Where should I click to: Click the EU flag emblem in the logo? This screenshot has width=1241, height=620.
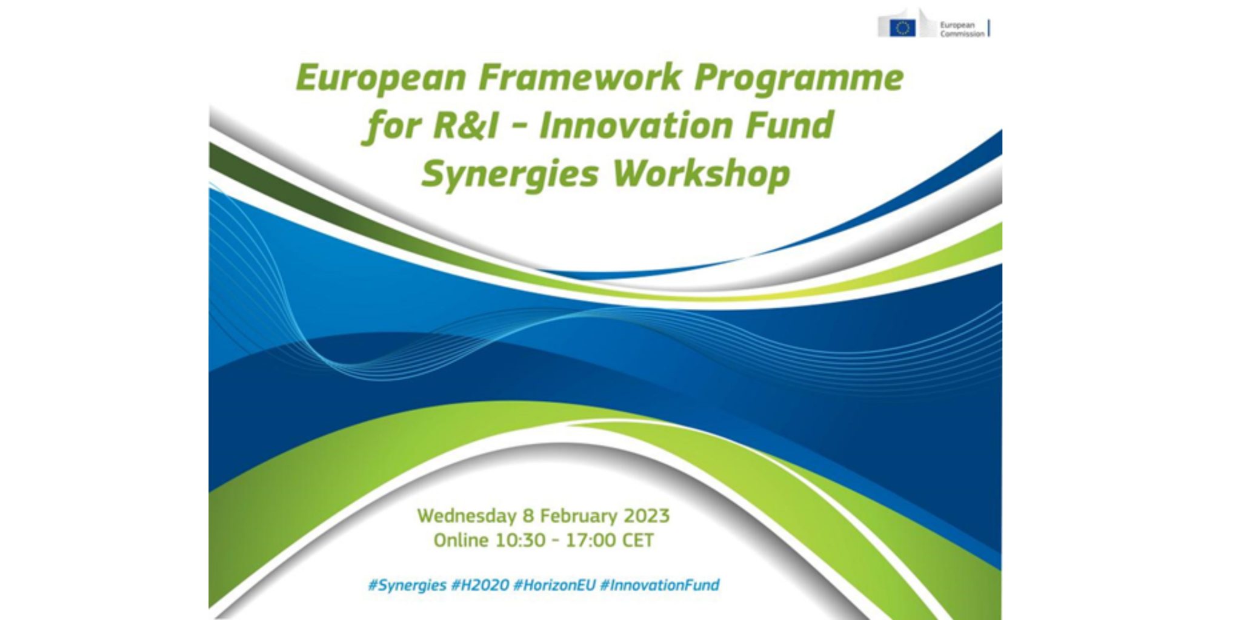pos(902,28)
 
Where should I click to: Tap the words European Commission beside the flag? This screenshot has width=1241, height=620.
pos(961,30)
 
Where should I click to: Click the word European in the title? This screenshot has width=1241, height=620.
pos(381,79)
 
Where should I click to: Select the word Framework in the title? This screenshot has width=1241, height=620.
pos(580,77)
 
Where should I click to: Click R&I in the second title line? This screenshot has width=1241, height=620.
pos(465,126)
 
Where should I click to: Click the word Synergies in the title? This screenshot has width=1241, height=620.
pos(510,175)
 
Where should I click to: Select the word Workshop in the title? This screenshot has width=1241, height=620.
pos(701,174)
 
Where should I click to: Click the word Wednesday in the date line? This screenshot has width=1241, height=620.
pos(467,516)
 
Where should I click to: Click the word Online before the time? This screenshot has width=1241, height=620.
pos(461,540)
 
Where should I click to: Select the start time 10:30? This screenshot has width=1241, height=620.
pos(520,540)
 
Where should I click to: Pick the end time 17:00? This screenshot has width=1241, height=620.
pos(590,540)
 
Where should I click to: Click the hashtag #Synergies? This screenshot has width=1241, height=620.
pos(407,585)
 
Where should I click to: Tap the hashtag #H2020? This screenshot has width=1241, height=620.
pos(480,585)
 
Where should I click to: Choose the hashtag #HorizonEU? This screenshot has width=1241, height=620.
pos(554,585)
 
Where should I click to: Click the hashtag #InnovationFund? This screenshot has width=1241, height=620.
pos(659,585)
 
